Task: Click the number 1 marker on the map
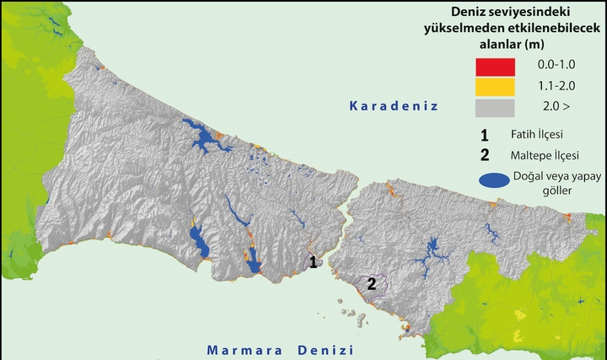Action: pyautogui.click(x=313, y=263)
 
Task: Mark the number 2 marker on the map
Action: pyautogui.click(x=371, y=284)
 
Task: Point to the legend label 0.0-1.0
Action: pyautogui.click(x=556, y=65)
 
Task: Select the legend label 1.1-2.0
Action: pyautogui.click(x=556, y=86)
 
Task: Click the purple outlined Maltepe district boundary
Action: pyautogui.click(x=375, y=292)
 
